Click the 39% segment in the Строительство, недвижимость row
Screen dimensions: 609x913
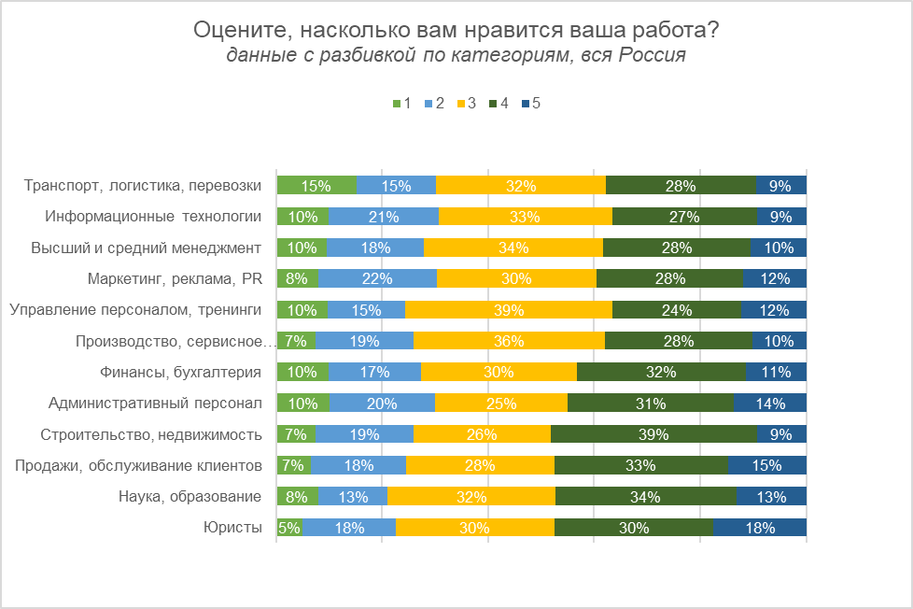click(x=653, y=434)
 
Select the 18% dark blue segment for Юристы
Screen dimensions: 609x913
click(x=759, y=528)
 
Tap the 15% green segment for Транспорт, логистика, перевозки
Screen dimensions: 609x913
click(x=316, y=186)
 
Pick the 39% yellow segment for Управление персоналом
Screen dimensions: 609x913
click(x=508, y=310)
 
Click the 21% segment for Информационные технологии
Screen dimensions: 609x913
click(x=383, y=217)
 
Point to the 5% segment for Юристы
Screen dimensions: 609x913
click(x=289, y=528)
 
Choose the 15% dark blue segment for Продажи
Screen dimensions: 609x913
click(x=766, y=465)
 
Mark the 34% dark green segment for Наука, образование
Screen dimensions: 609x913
click(x=645, y=497)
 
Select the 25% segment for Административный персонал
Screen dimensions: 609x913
click(x=500, y=404)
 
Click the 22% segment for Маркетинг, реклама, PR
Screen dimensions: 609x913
click(x=377, y=278)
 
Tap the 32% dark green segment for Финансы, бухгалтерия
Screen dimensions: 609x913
click(x=661, y=372)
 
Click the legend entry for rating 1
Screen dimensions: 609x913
click(x=402, y=104)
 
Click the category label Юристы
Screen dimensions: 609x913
click(x=232, y=528)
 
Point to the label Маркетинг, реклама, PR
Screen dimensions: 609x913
click(x=175, y=278)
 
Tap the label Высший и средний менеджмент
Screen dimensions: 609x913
click(x=146, y=248)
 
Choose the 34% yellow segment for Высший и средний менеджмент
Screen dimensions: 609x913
click(x=513, y=248)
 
